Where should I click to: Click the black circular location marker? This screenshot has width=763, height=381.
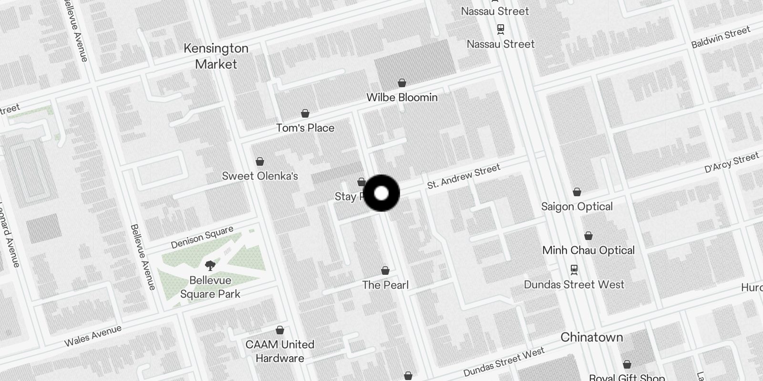pyautogui.click(x=381, y=193)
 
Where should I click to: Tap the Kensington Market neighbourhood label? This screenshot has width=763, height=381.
pyautogui.click(x=216, y=56)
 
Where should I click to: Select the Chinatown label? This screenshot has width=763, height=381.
pyautogui.click(x=591, y=337)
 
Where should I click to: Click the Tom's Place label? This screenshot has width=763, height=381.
pyautogui.click(x=305, y=128)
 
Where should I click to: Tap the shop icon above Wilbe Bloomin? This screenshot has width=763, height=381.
pyautogui.click(x=402, y=83)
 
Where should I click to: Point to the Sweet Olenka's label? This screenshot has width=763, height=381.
pyautogui.click(x=260, y=176)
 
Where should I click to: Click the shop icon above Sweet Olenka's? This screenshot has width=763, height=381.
pyautogui.click(x=260, y=161)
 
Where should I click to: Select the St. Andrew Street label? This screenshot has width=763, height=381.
pyautogui.click(x=464, y=176)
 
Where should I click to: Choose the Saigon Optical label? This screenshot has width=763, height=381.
pyautogui.click(x=577, y=206)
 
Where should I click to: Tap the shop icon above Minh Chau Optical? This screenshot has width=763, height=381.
pyautogui.click(x=588, y=236)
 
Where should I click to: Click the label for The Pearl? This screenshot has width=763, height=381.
pyautogui.click(x=385, y=285)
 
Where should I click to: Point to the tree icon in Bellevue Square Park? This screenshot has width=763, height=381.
pyautogui.click(x=210, y=266)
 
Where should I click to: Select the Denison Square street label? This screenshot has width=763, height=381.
pyautogui.click(x=202, y=237)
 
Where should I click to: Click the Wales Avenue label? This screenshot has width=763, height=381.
pyautogui.click(x=93, y=335)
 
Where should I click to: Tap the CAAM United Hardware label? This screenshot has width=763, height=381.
pyautogui.click(x=280, y=351)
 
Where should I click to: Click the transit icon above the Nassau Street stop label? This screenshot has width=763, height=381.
pyautogui.click(x=501, y=29)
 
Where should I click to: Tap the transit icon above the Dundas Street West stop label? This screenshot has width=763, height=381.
pyautogui.click(x=574, y=270)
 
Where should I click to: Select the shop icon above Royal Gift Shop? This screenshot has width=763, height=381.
pyautogui.click(x=627, y=364)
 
